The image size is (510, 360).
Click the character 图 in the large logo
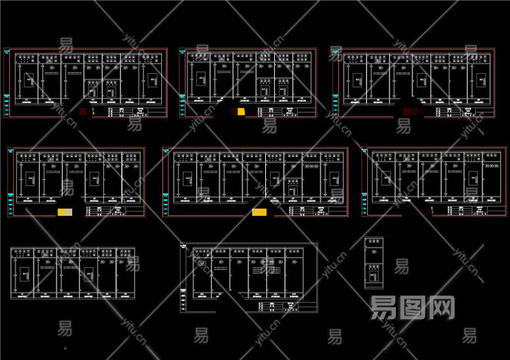413,308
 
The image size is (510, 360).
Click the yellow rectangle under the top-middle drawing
240,112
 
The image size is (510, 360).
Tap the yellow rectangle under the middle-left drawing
65,212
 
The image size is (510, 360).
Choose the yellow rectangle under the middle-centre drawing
259,212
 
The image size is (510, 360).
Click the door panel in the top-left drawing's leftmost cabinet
29,81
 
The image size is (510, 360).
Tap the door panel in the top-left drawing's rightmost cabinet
151,79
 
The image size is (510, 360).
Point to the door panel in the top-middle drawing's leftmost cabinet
201,79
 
